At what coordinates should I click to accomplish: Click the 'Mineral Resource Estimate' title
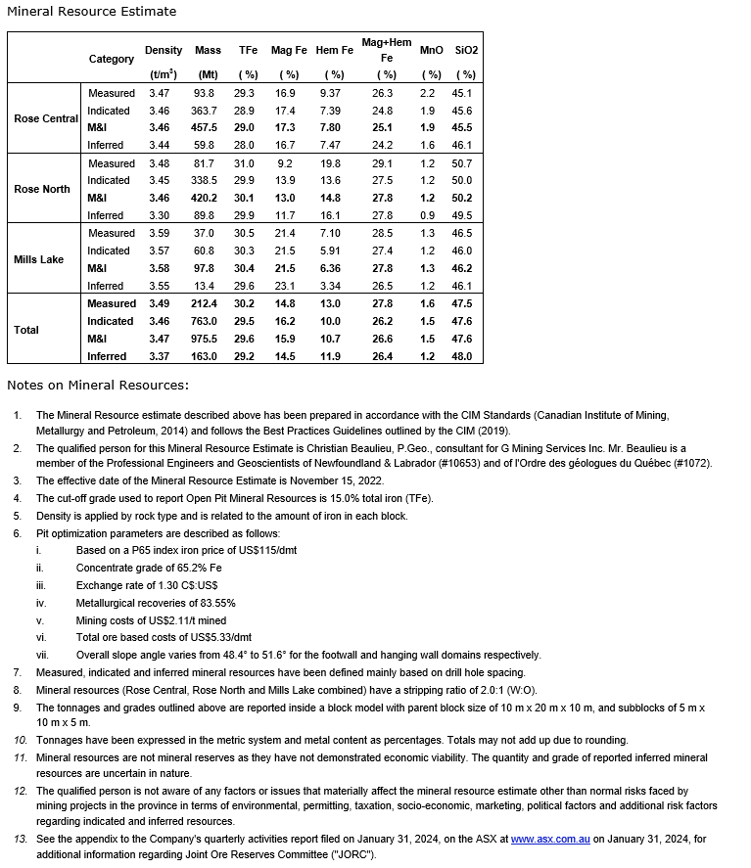click(x=92, y=12)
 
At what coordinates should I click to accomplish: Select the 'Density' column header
click(x=163, y=50)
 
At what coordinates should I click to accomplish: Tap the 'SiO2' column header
click(x=466, y=50)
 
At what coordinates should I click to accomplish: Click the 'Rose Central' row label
click(x=46, y=119)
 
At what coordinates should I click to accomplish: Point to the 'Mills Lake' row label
click(x=39, y=259)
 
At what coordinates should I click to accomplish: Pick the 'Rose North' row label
click(x=42, y=189)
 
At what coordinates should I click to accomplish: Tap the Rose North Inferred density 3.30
click(x=160, y=215)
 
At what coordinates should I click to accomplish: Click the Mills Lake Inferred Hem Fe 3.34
click(x=330, y=286)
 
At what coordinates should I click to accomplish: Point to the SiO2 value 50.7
click(x=461, y=163)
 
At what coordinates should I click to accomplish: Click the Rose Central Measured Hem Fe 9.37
click(x=330, y=93)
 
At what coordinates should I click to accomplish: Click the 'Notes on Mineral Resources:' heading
click(x=98, y=385)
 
